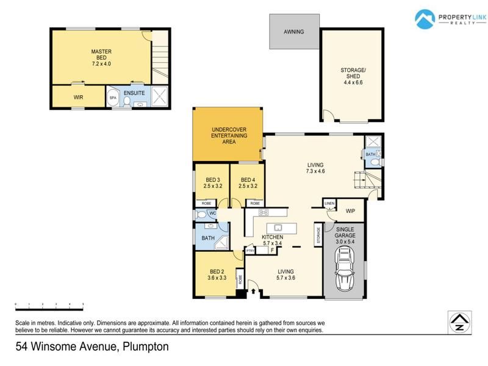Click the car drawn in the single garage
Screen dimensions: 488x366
tap(345, 268)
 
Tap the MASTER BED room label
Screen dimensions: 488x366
tap(101, 54)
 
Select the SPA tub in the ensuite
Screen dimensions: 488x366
tap(113, 97)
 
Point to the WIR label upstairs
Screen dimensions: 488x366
tap(79, 98)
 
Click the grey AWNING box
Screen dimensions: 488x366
tap(294, 32)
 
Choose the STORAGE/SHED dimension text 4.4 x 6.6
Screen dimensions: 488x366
tap(353, 82)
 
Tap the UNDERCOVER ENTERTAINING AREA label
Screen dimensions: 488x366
tap(229, 135)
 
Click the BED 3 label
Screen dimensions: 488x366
tap(213, 180)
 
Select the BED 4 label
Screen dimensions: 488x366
tap(248, 180)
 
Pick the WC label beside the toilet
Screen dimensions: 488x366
tap(212, 213)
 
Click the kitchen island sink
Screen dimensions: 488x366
tap(278, 228)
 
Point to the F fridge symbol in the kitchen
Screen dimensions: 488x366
tap(272, 250)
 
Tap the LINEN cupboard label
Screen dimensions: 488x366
tap(329, 204)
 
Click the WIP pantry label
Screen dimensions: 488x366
tap(350, 211)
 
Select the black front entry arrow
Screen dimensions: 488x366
tap(253, 292)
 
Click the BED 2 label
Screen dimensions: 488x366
tap(217, 271)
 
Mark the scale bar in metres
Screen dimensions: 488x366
tap(49, 309)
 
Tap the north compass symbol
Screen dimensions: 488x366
tap(460, 322)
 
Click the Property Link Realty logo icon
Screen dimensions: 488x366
tap(425, 19)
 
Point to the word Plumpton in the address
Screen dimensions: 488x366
tap(146, 346)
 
